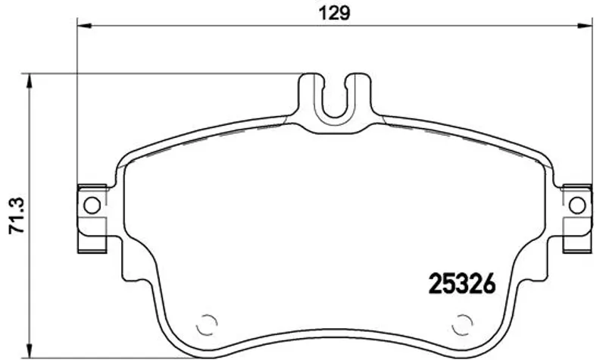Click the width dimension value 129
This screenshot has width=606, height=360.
click(x=334, y=13)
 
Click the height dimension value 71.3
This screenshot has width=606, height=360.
click(x=17, y=215)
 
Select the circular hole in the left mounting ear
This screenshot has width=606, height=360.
click(x=92, y=205)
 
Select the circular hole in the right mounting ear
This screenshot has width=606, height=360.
click(x=577, y=205)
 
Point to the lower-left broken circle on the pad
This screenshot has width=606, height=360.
click(x=206, y=324)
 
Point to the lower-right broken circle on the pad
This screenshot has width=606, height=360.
click(x=462, y=324)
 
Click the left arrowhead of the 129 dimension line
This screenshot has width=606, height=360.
click(x=84, y=26)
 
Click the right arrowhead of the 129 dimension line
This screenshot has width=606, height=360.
click(x=585, y=26)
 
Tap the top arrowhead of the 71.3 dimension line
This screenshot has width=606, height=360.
click(x=28, y=80)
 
